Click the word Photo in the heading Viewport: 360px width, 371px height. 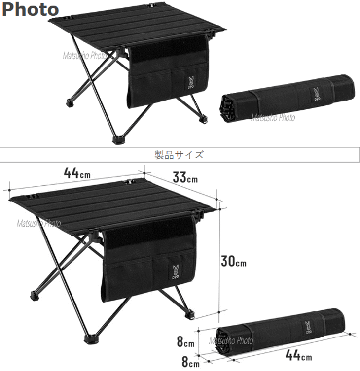tap(30, 9)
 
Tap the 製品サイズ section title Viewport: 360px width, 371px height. tap(179, 155)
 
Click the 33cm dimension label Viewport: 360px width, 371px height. tap(185, 177)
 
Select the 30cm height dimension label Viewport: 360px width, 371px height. tap(233, 261)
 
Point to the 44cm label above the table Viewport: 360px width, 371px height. tap(77, 173)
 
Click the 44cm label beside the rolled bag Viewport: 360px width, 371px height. tap(299, 355)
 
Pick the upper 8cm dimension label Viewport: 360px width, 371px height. tap(186, 342)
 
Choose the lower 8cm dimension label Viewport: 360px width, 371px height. tap(191, 362)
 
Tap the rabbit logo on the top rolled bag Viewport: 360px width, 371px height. tap(316, 95)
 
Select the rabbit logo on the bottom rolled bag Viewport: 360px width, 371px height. tap(308, 328)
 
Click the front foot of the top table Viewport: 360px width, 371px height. tap(118, 140)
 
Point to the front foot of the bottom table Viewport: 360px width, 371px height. tap(91, 339)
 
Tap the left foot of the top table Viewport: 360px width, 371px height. tap(70, 103)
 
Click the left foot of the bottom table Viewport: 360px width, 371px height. tap(35, 296)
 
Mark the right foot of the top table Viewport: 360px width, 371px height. tap(204, 118)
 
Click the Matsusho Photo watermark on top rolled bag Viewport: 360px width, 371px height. tap(273, 118)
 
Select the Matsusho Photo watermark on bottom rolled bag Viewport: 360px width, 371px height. tap(231, 341)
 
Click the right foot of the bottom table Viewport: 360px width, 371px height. tap(190, 315)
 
